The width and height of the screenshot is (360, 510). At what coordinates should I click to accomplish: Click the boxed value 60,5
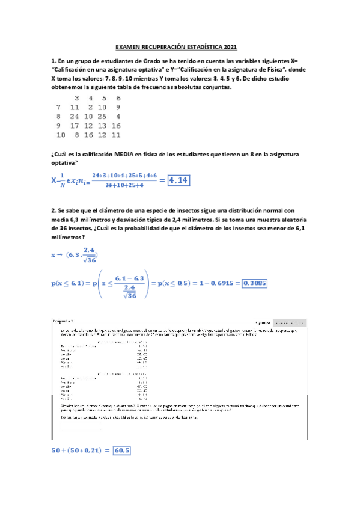click(x=122, y=450)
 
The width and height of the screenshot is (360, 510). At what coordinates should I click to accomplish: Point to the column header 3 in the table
click(x=76, y=97)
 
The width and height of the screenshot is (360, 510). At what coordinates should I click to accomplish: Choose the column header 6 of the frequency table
click(x=118, y=97)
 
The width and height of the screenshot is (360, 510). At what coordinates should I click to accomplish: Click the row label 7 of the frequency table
click(x=58, y=107)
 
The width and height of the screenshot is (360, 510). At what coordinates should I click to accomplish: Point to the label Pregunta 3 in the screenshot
click(x=63, y=322)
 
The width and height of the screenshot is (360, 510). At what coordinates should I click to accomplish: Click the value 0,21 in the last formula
click(x=93, y=450)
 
